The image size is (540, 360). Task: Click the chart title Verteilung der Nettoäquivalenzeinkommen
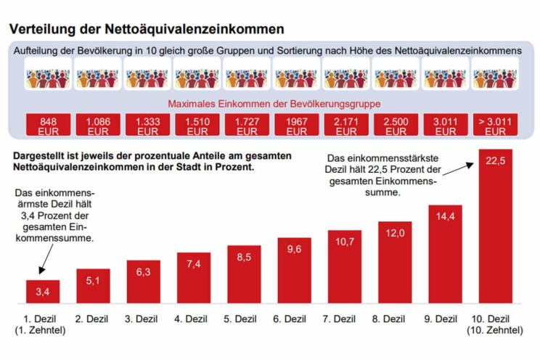[x=146, y=30]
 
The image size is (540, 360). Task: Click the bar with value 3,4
[x=43, y=292]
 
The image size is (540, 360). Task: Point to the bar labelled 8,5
[x=244, y=274]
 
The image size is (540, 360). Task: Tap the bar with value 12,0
[x=394, y=261]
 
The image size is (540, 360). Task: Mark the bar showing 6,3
[x=144, y=281]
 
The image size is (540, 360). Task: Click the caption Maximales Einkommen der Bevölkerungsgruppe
[x=274, y=103]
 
